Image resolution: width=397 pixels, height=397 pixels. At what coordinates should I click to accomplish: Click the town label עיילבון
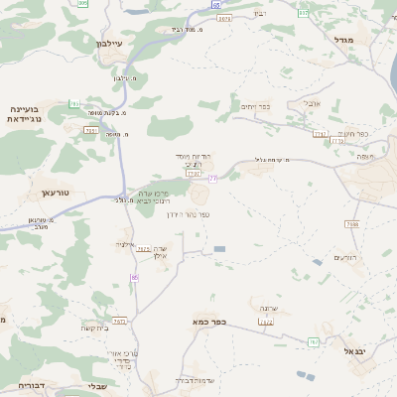109,44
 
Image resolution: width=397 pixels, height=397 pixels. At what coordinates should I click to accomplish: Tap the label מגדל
359,39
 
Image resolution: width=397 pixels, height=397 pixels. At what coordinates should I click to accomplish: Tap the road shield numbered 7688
352,224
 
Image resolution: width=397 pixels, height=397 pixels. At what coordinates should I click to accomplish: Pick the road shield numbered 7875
143,248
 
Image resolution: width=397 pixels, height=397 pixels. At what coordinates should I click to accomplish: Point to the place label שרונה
268,309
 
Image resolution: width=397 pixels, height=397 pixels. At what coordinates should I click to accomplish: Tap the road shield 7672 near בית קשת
120,321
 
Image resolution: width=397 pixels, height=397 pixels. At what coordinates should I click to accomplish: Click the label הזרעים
344,257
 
